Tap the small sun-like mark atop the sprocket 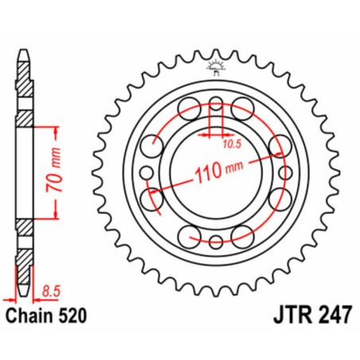(213, 66)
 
